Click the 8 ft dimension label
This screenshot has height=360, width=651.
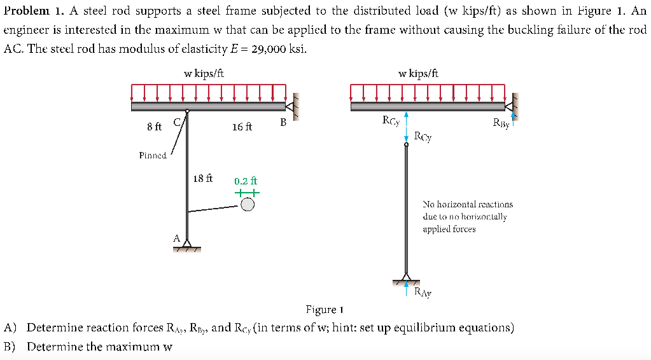tap(154, 127)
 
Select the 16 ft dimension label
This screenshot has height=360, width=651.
tap(242, 127)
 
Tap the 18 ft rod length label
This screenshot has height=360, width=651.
tap(202, 179)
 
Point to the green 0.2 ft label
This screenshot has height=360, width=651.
tap(246, 181)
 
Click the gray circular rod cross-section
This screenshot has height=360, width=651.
tap(248, 204)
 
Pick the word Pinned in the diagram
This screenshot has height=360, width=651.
tap(153, 155)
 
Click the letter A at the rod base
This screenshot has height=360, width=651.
tap(176, 237)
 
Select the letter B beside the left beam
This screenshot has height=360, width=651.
tap(283, 121)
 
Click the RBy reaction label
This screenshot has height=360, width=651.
tap(501, 123)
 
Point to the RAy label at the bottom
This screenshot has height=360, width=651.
tap(423, 293)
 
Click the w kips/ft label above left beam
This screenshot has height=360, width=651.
tap(204, 74)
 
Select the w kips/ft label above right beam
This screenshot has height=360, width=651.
tap(418, 74)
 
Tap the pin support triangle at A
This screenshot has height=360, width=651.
tap(187, 244)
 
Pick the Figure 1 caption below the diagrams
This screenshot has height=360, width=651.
tap(325, 310)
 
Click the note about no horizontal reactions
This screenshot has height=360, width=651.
tap(467, 216)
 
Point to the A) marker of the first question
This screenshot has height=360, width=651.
tap(10, 328)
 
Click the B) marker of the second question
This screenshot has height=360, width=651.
tap(10, 347)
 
